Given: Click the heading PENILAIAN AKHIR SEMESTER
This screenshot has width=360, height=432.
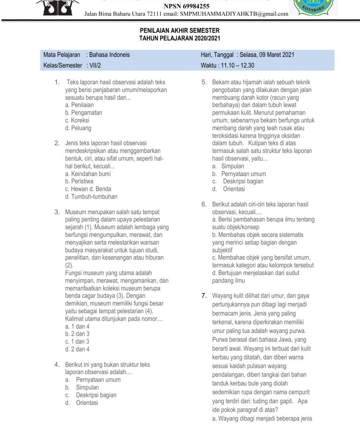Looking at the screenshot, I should tap(180, 31).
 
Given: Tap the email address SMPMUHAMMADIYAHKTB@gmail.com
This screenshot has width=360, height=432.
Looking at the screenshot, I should tap(234, 14).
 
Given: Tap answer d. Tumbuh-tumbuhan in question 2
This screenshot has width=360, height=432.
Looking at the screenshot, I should tap(91, 197).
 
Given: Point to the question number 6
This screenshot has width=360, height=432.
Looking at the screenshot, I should tap(204, 204).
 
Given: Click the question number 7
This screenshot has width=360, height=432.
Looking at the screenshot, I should tap(204, 296).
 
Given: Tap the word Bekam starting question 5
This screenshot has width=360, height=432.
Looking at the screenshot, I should tap(220, 82).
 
